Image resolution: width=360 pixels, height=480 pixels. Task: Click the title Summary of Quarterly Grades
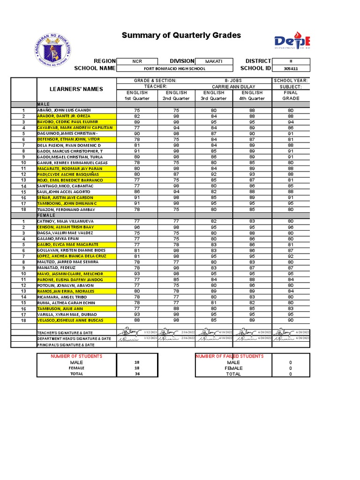point(181,36)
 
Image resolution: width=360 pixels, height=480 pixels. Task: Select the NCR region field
point(136,61)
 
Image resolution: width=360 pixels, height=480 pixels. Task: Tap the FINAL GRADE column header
point(291,96)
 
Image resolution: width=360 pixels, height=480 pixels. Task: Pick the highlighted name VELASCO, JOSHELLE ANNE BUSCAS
point(70,321)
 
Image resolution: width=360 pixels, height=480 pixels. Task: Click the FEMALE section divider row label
point(46,215)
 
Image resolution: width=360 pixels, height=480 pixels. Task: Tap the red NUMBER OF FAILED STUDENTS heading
point(229,356)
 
